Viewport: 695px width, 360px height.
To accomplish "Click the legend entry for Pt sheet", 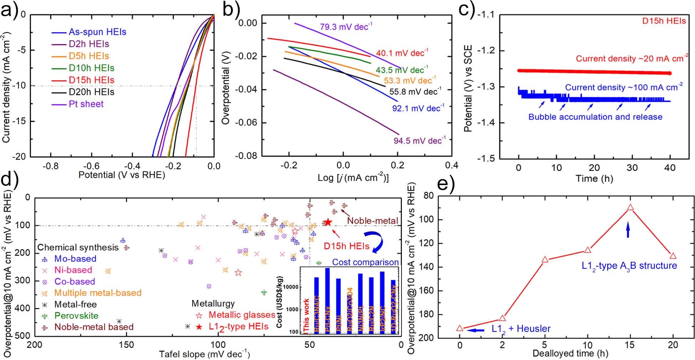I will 86,104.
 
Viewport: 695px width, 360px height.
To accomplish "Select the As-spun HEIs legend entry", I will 97,32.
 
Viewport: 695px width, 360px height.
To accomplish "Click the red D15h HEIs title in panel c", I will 664,21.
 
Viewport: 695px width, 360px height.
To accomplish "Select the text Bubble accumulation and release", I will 595,117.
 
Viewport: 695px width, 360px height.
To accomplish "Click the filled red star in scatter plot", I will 328,222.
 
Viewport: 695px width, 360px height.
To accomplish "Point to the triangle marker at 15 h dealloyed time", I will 630,207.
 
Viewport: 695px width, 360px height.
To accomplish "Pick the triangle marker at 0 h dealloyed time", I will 460,328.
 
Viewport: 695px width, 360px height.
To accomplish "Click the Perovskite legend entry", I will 76,316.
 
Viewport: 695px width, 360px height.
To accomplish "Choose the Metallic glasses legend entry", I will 241,315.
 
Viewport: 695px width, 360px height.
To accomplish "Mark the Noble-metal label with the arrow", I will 373,221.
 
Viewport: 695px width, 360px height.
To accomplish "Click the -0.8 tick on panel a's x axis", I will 50,166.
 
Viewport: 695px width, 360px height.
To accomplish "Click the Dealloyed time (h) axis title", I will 570,354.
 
